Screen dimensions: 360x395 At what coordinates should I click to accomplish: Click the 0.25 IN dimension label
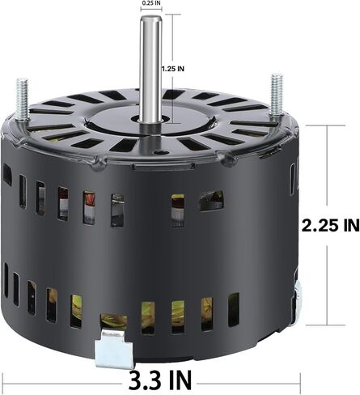coord(151,3)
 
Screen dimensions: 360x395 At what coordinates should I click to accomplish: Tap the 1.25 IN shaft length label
coord(173,69)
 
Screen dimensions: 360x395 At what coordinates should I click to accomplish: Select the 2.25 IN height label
coord(330,225)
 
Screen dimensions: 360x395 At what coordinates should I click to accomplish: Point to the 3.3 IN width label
coord(160,380)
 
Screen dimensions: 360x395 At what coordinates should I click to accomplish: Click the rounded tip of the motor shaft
coord(151,18)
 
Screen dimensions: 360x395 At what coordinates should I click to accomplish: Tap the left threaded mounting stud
coord(22,99)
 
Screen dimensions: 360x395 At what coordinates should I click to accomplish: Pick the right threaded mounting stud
coord(277,95)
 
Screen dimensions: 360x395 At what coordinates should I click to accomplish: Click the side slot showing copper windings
coord(89,208)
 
